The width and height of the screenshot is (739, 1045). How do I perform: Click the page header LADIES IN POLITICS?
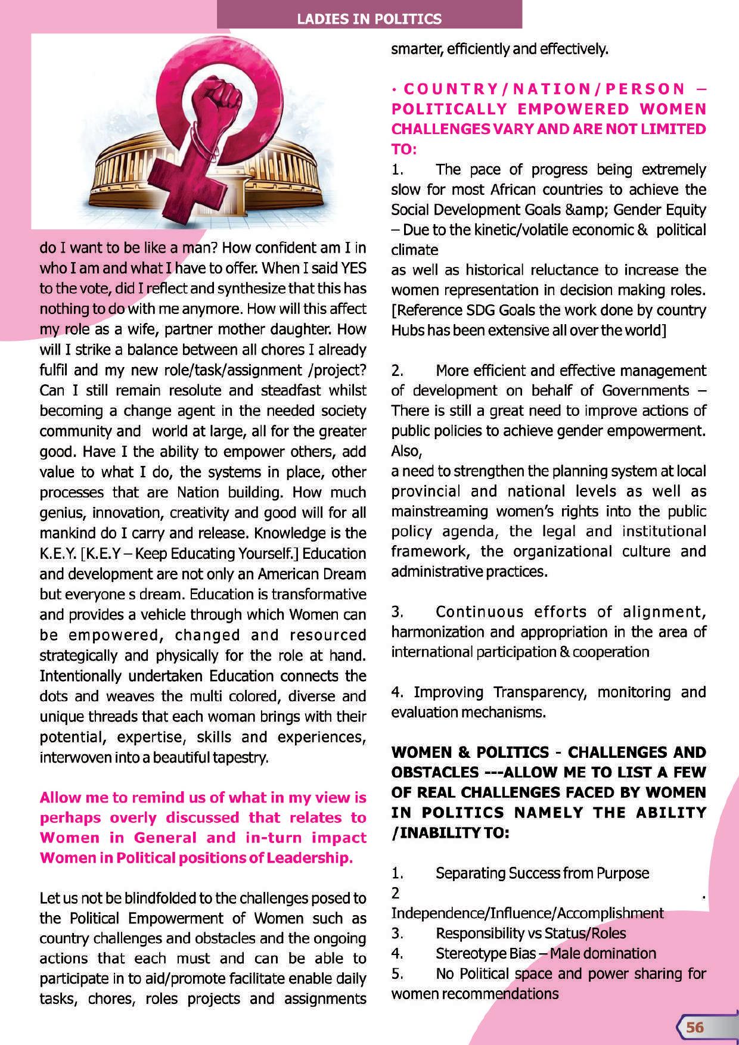(x=369, y=19)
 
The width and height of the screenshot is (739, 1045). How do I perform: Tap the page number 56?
(x=695, y=1027)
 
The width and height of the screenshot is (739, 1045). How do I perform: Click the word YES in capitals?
(x=350, y=268)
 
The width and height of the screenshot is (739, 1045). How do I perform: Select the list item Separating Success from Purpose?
(x=542, y=873)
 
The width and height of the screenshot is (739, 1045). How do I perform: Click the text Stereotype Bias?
(x=486, y=954)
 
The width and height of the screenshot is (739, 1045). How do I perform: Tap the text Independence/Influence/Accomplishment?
(x=527, y=913)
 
